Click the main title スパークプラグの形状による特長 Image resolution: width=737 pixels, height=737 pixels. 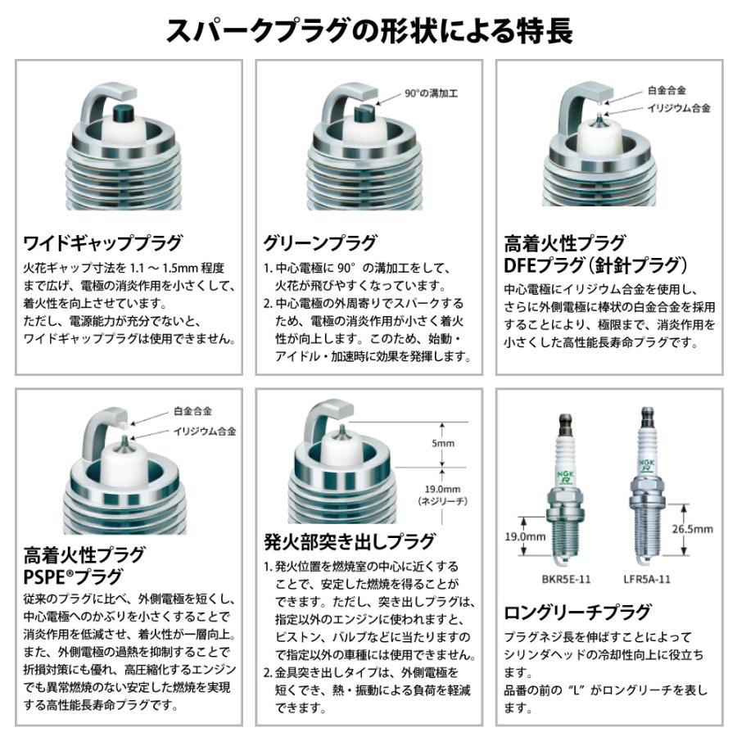(368, 31)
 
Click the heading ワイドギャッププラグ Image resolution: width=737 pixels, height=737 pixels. (102, 243)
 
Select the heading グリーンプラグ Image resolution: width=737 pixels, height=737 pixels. (319, 243)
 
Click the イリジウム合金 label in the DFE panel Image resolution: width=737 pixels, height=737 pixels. (679, 107)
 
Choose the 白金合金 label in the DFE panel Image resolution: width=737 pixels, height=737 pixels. (667, 89)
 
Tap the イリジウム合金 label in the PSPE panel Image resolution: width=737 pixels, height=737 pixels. (205, 431)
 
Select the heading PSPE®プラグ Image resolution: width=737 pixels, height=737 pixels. (73, 576)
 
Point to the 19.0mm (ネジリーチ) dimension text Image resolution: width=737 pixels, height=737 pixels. (441, 493)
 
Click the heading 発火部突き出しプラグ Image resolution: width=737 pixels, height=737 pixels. (350, 541)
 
